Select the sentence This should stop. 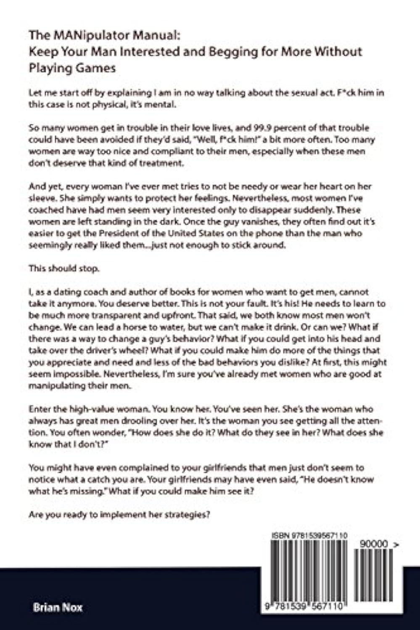pos(64,268)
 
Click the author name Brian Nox pos(58,607)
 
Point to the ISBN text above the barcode pos(309,535)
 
